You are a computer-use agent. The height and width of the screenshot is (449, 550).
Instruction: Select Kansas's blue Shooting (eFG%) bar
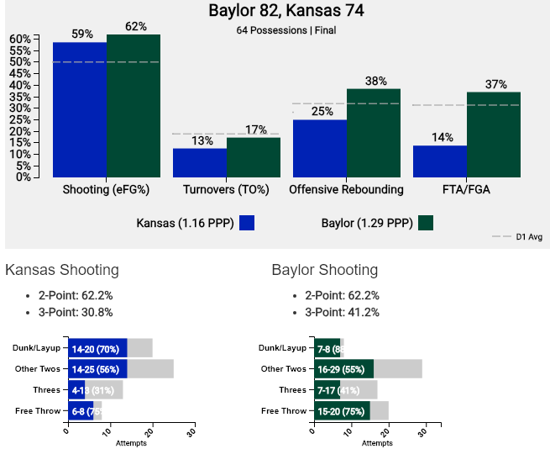click(x=80, y=109)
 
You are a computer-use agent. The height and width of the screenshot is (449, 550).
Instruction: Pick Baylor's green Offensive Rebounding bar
click(x=374, y=132)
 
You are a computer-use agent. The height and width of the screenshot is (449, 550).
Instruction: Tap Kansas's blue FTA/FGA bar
click(x=440, y=161)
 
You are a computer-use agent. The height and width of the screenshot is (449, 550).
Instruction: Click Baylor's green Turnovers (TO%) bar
click(x=254, y=156)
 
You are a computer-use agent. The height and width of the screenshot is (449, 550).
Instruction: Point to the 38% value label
click(x=375, y=82)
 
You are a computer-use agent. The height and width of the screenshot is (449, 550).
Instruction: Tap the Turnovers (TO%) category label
click(x=225, y=189)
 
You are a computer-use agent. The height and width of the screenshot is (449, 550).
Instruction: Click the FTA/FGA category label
click(x=464, y=189)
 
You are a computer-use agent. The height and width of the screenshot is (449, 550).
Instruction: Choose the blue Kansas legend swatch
click(x=247, y=223)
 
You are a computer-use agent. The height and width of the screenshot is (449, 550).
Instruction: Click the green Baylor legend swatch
click(x=426, y=223)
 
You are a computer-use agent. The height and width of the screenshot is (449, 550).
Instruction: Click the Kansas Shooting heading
click(x=62, y=270)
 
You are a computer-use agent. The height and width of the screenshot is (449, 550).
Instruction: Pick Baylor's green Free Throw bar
click(x=341, y=410)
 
